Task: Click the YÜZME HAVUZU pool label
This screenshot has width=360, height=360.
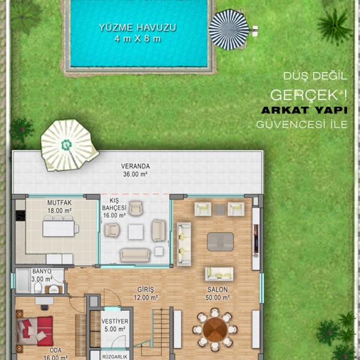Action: pos(137,28)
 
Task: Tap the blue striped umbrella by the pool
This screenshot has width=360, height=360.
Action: pos(229,29)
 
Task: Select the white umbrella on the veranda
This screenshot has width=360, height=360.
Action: pos(69,145)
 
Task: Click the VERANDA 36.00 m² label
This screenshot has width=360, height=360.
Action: pos(135,170)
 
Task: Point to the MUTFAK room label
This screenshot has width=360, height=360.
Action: pos(59,203)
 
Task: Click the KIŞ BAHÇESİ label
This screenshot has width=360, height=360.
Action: pos(115,205)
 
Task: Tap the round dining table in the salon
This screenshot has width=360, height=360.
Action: pos(215,329)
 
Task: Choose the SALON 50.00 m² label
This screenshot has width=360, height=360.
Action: pos(217,293)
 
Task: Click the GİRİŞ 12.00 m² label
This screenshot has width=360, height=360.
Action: pos(146,293)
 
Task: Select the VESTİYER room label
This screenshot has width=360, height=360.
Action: pos(115,321)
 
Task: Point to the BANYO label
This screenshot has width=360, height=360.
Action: pos(41,271)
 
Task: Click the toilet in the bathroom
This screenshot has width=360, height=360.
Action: pos(38,287)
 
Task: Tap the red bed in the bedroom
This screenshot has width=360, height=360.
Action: pos(35,331)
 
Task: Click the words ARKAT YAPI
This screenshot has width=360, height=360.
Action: pos(304,110)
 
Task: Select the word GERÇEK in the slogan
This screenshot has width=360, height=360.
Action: pos(304,95)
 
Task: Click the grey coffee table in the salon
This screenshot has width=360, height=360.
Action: pos(220,242)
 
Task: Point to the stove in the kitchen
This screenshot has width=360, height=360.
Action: pos(20,215)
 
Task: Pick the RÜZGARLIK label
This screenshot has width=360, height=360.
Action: pos(115,357)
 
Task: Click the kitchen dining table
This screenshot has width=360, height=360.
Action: pos(59,229)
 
